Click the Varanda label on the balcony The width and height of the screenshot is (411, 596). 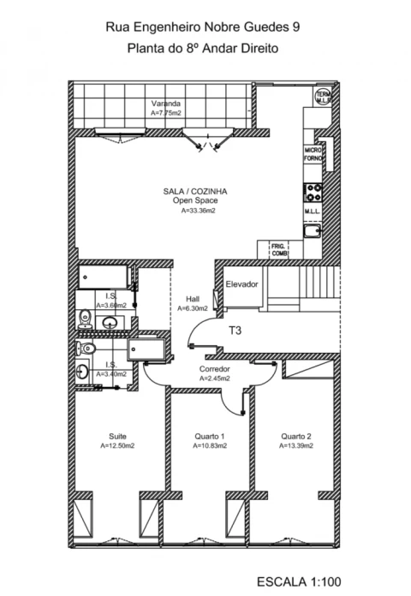(x=166, y=103)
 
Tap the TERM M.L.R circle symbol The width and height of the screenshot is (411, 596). (x=324, y=97)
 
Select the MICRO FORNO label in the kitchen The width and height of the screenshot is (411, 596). (x=313, y=153)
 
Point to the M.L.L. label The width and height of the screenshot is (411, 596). (x=313, y=212)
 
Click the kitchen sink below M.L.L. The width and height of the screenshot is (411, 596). (x=313, y=229)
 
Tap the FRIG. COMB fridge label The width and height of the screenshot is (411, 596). (x=280, y=249)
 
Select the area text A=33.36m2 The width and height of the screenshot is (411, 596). (x=198, y=210)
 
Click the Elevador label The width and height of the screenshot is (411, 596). (x=241, y=284)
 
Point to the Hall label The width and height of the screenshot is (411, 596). (x=192, y=299)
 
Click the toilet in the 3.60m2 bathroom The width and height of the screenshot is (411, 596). (x=83, y=320)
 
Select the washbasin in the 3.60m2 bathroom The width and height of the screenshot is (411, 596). (x=110, y=323)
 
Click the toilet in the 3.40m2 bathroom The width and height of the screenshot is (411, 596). (x=84, y=348)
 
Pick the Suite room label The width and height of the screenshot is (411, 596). (x=117, y=436)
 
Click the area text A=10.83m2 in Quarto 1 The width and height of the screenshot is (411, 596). (x=209, y=446)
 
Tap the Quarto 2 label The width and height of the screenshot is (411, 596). (x=295, y=436)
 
